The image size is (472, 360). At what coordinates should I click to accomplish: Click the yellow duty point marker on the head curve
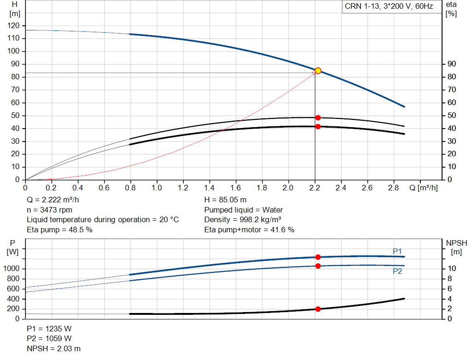click(x=318, y=71)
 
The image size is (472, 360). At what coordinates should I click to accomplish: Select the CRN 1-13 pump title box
click(x=389, y=7)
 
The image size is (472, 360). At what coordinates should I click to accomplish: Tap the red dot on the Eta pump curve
click(x=318, y=118)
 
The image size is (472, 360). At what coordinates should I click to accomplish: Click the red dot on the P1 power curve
click(x=318, y=257)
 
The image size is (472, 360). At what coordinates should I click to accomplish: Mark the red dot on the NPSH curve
click(x=318, y=309)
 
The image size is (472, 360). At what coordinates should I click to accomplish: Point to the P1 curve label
click(x=397, y=251)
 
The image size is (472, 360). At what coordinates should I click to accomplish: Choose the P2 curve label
click(x=397, y=271)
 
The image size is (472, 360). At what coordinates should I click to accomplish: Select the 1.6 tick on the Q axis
click(x=236, y=188)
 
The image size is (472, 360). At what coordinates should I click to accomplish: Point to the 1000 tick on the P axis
click(x=12, y=269)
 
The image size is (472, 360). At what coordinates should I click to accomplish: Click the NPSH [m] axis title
click(x=456, y=247)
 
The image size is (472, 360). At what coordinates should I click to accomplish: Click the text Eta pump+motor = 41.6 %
click(x=249, y=230)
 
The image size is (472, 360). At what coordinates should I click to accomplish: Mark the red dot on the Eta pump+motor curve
click(x=318, y=126)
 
